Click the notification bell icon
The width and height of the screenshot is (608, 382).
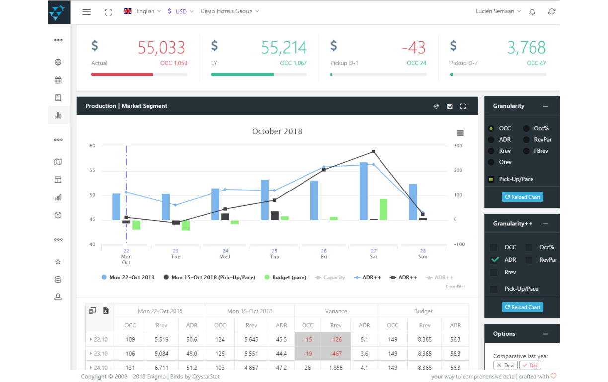[x=532, y=12]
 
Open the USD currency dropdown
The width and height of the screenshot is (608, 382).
[x=180, y=11]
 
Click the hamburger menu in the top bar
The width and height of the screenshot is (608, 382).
[x=87, y=12]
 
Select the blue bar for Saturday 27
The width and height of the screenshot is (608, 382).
[x=364, y=191]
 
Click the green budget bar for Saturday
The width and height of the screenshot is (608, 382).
[x=383, y=209]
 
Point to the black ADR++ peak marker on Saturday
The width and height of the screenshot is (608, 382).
[x=373, y=151]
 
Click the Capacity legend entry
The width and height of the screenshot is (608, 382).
[x=330, y=277]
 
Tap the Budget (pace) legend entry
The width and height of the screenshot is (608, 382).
[x=286, y=277]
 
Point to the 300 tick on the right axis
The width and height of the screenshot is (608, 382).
[x=458, y=146]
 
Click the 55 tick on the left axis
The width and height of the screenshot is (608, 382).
[x=92, y=170]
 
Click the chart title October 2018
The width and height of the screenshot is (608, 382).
[x=277, y=131]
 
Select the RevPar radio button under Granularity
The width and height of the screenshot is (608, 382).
[x=527, y=139]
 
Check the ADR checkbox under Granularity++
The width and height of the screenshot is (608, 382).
[x=495, y=260]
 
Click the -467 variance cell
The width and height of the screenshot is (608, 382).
[x=336, y=354]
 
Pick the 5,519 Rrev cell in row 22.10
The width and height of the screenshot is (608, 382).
[x=162, y=339]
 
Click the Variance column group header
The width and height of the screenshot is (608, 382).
[x=336, y=311]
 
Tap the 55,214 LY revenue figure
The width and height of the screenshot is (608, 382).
[x=284, y=48]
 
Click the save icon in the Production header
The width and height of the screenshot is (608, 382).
[x=450, y=106]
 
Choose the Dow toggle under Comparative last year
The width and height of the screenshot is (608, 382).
[x=505, y=365]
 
